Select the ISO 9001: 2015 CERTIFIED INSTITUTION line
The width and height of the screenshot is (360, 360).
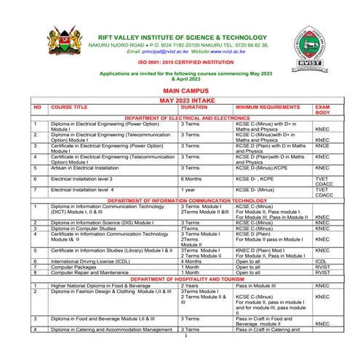coord(180,63)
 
